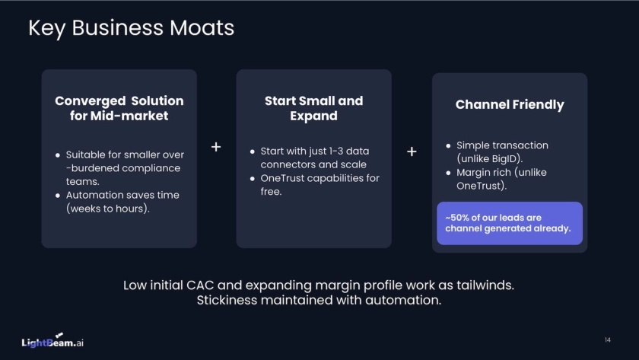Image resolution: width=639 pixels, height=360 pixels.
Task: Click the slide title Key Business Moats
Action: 131,28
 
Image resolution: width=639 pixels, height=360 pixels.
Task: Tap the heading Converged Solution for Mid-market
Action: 119,108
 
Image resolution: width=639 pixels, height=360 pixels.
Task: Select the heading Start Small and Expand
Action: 313,108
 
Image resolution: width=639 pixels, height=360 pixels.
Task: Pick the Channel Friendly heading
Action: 510,104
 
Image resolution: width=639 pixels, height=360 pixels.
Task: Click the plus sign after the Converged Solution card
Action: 216,147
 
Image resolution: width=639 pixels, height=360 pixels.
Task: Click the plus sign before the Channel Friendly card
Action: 412,151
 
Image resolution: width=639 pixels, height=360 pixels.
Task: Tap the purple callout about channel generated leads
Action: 509,223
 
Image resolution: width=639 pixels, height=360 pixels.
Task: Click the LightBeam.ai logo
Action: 52,342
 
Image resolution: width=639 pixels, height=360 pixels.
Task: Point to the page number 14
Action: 607,339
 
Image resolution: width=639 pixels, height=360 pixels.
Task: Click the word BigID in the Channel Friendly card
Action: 504,159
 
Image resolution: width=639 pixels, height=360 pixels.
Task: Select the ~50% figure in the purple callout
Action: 459,218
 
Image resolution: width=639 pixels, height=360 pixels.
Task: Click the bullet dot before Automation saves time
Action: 58,196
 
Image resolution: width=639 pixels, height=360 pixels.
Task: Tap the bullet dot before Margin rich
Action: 448,173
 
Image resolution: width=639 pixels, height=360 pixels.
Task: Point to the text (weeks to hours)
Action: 107,209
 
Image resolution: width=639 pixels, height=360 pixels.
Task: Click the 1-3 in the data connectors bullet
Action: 341,151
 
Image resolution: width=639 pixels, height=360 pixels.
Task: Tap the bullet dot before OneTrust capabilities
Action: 253,179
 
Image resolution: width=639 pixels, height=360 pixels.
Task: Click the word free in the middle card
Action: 271,192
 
